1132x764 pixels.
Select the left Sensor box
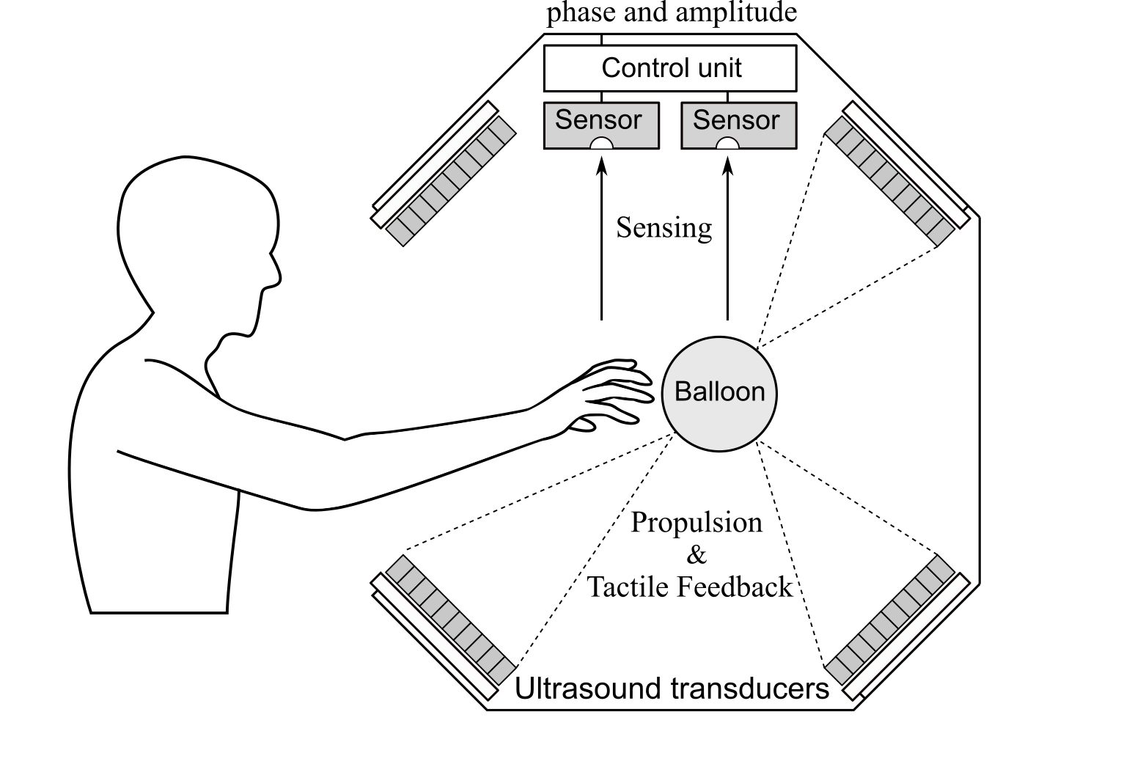click(x=601, y=125)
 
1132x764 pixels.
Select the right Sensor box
click(x=738, y=125)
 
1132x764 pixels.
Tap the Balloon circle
click(x=719, y=393)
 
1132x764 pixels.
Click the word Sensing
click(x=664, y=228)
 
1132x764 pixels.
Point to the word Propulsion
click(x=697, y=523)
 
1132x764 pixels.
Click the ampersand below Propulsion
click(x=697, y=555)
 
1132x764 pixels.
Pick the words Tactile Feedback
click(x=690, y=587)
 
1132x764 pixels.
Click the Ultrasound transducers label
click(x=672, y=689)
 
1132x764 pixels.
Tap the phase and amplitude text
click(x=671, y=12)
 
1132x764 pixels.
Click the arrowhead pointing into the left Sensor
click(x=602, y=168)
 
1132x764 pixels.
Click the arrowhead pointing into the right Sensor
click(x=728, y=168)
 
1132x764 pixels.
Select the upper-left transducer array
click(x=451, y=181)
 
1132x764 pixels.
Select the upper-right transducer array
click(x=889, y=181)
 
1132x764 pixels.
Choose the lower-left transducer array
click(x=451, y=620)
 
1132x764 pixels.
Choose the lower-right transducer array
click(x=889, y=620)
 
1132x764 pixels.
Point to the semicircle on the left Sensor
click(x=602, y=144)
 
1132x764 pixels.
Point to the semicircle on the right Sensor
click(x=727, y=144)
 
